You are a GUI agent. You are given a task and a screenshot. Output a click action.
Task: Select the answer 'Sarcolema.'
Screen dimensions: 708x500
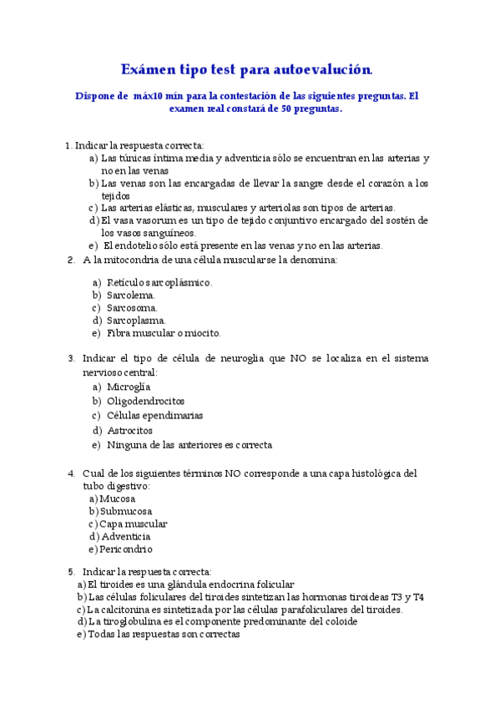(131, 295)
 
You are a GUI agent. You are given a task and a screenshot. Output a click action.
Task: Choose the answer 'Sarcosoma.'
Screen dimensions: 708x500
(132, 307)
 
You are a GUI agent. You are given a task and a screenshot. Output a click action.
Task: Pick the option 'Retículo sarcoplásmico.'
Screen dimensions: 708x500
(159, 282)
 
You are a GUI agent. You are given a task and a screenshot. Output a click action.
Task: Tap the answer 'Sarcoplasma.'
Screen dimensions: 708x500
(136, 320)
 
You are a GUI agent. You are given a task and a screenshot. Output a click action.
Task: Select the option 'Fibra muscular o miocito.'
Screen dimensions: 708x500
(164, 332)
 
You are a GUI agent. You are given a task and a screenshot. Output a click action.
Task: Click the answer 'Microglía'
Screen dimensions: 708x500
(129, 387)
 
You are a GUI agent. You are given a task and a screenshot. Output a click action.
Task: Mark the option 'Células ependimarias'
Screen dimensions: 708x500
(154, 415)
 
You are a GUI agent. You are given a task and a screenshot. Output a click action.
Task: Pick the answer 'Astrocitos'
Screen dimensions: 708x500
(129, 430)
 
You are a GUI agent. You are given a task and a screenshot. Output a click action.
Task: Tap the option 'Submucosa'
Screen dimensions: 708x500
(126, 511)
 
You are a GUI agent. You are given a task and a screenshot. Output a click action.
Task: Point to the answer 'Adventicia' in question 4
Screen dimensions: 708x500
(125, 536)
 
